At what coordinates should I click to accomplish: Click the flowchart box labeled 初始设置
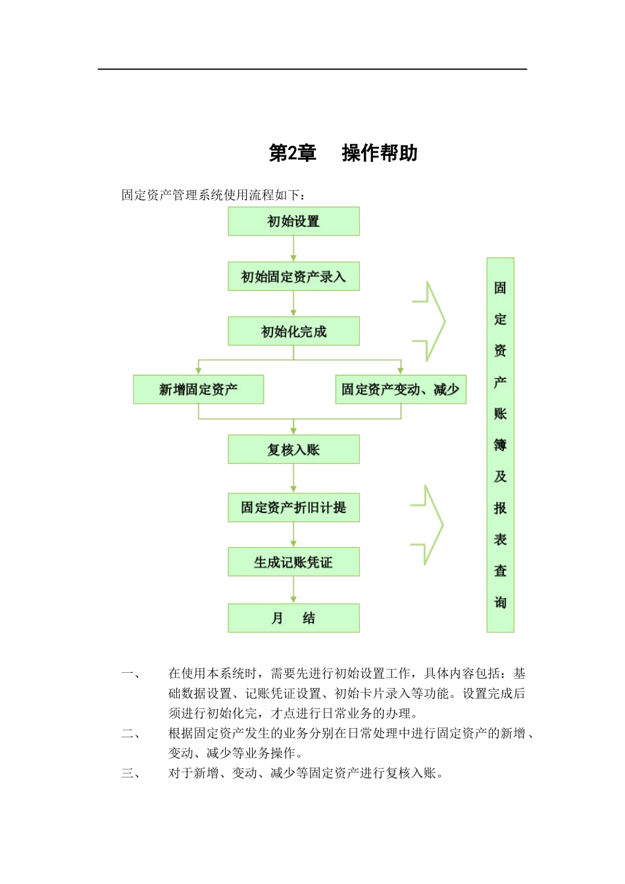(293, 222)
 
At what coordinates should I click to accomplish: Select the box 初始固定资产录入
(293, 277)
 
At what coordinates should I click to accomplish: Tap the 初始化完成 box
(293, 331)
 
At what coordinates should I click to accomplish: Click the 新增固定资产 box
(198, 389)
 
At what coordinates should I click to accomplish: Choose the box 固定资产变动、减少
(400, 389)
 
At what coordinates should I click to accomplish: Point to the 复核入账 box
(293, 450)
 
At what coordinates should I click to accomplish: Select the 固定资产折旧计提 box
(293, 508)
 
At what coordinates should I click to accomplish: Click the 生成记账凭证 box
(293, 562)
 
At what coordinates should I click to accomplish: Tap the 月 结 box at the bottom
(293, 618)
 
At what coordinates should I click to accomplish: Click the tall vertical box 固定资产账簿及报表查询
(500, 445)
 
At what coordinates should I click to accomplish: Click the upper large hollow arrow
(431, 322)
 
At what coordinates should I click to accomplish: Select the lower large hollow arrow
(429, 525)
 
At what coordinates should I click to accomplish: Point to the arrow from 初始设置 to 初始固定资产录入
(293, 249)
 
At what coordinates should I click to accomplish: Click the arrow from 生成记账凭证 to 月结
(293, 590)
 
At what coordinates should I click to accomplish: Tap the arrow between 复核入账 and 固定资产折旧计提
(293, 479)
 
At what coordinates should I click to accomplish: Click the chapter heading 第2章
(293, 153)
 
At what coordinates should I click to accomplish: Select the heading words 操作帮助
(380, 153)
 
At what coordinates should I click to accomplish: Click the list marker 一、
(130, 674)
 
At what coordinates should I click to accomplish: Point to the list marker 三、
(130, 773)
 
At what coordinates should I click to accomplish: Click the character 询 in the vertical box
(500, 602)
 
